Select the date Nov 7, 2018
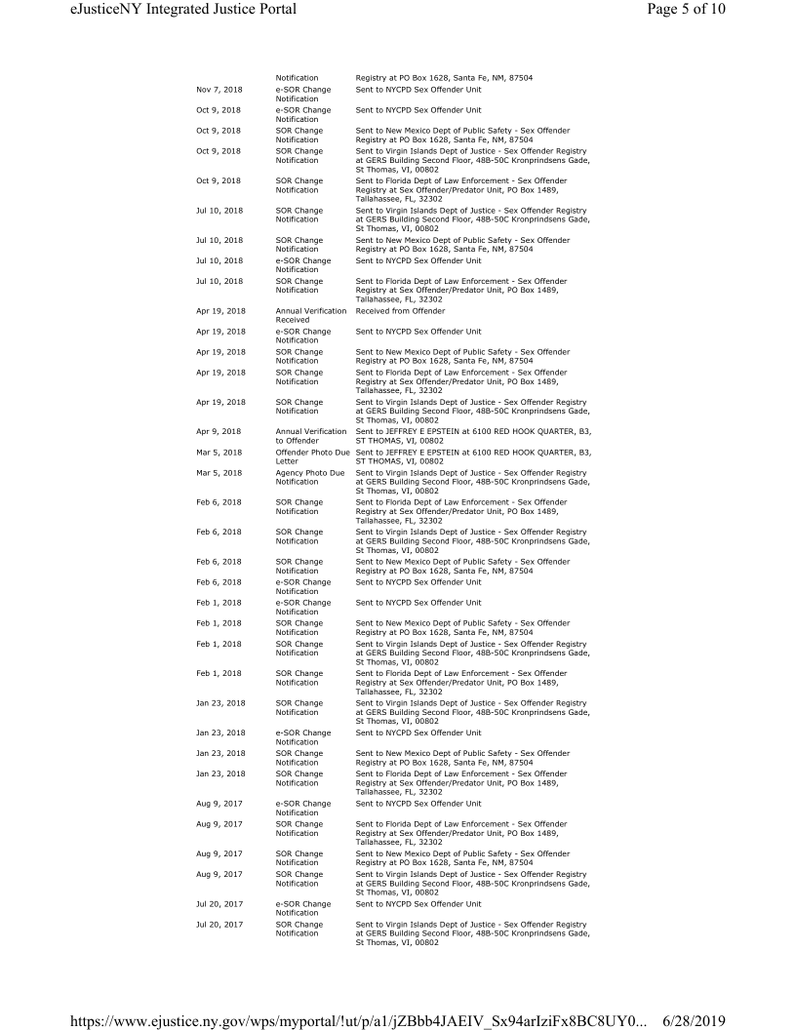pos(219,90)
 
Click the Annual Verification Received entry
pos(311,315)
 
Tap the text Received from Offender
pos(399,311)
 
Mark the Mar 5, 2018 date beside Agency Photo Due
pos(219,473)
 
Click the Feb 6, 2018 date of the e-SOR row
pos(219,582)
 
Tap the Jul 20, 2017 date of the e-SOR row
pos(219,904)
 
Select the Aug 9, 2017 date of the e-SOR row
pos(219,804)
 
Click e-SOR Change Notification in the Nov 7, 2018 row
pos(303,94)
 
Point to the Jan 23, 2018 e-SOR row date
pos(219,733)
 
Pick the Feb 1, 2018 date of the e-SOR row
pos(219,603)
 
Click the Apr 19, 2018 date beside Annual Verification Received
pos(219,311)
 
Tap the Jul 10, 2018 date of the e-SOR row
pos(219,260)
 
